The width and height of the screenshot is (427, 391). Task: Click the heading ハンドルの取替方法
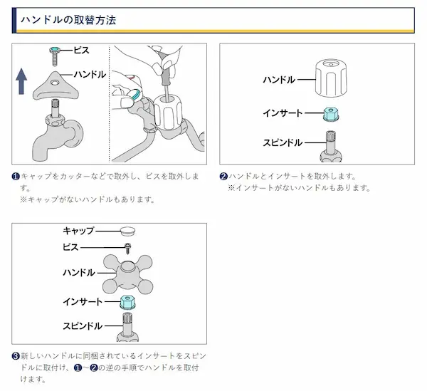click(x=68, y=20)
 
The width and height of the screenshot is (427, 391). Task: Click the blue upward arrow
click(x=21, y=81)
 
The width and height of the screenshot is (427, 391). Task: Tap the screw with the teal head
click(x=55, y=56)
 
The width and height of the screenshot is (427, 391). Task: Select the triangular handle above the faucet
click(x=56, y=85)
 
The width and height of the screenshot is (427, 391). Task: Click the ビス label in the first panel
click(x=81, y=51)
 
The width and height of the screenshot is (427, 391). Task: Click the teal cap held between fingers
click(x=135, y=94)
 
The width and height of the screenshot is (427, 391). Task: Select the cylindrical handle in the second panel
click(x=331, y=78)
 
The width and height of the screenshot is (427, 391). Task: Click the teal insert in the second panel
click(x=331, y=114)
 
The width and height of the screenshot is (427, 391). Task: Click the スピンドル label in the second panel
click(x=283, y=142)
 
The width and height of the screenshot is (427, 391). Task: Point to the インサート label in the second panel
click(x=283, y=113)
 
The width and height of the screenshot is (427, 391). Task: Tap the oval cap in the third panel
click(x=127, y=231)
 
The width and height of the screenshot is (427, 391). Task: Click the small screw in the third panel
click(x=127, y=249)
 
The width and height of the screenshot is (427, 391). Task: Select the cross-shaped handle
click(x=127, y=274)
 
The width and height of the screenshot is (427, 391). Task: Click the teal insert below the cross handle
click(x=127, y=302)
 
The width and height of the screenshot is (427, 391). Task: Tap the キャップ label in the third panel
click(x=78, y=231)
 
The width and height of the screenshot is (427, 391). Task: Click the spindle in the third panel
click(x=127, y=327)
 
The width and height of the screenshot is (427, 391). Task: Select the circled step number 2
click(x=223, y=177)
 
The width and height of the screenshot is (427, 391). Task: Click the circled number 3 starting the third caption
click(x=16, y=356)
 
